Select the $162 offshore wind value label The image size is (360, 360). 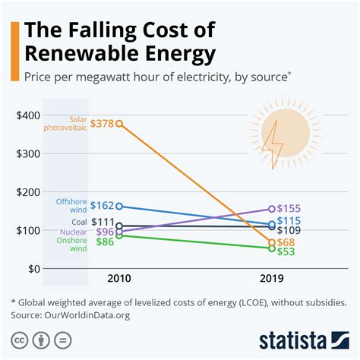pos(102,205)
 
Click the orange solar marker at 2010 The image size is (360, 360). pos(119,123)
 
